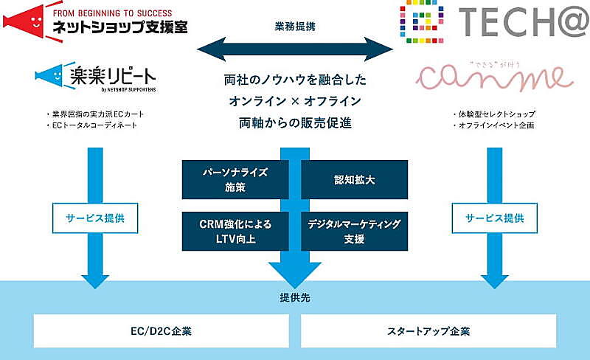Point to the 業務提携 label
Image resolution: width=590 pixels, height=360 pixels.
pos(295,26)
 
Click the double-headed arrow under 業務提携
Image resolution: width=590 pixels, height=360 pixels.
pos(295,49)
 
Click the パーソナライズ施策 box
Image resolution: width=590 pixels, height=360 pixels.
pos(235,180)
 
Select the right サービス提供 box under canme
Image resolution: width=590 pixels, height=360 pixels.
pos(494,218)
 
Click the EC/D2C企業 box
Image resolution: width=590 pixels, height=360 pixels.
pos(163,330)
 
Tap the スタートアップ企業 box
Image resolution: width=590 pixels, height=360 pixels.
pos(428,330)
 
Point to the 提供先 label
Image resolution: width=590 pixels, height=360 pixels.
pos(295,298)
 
